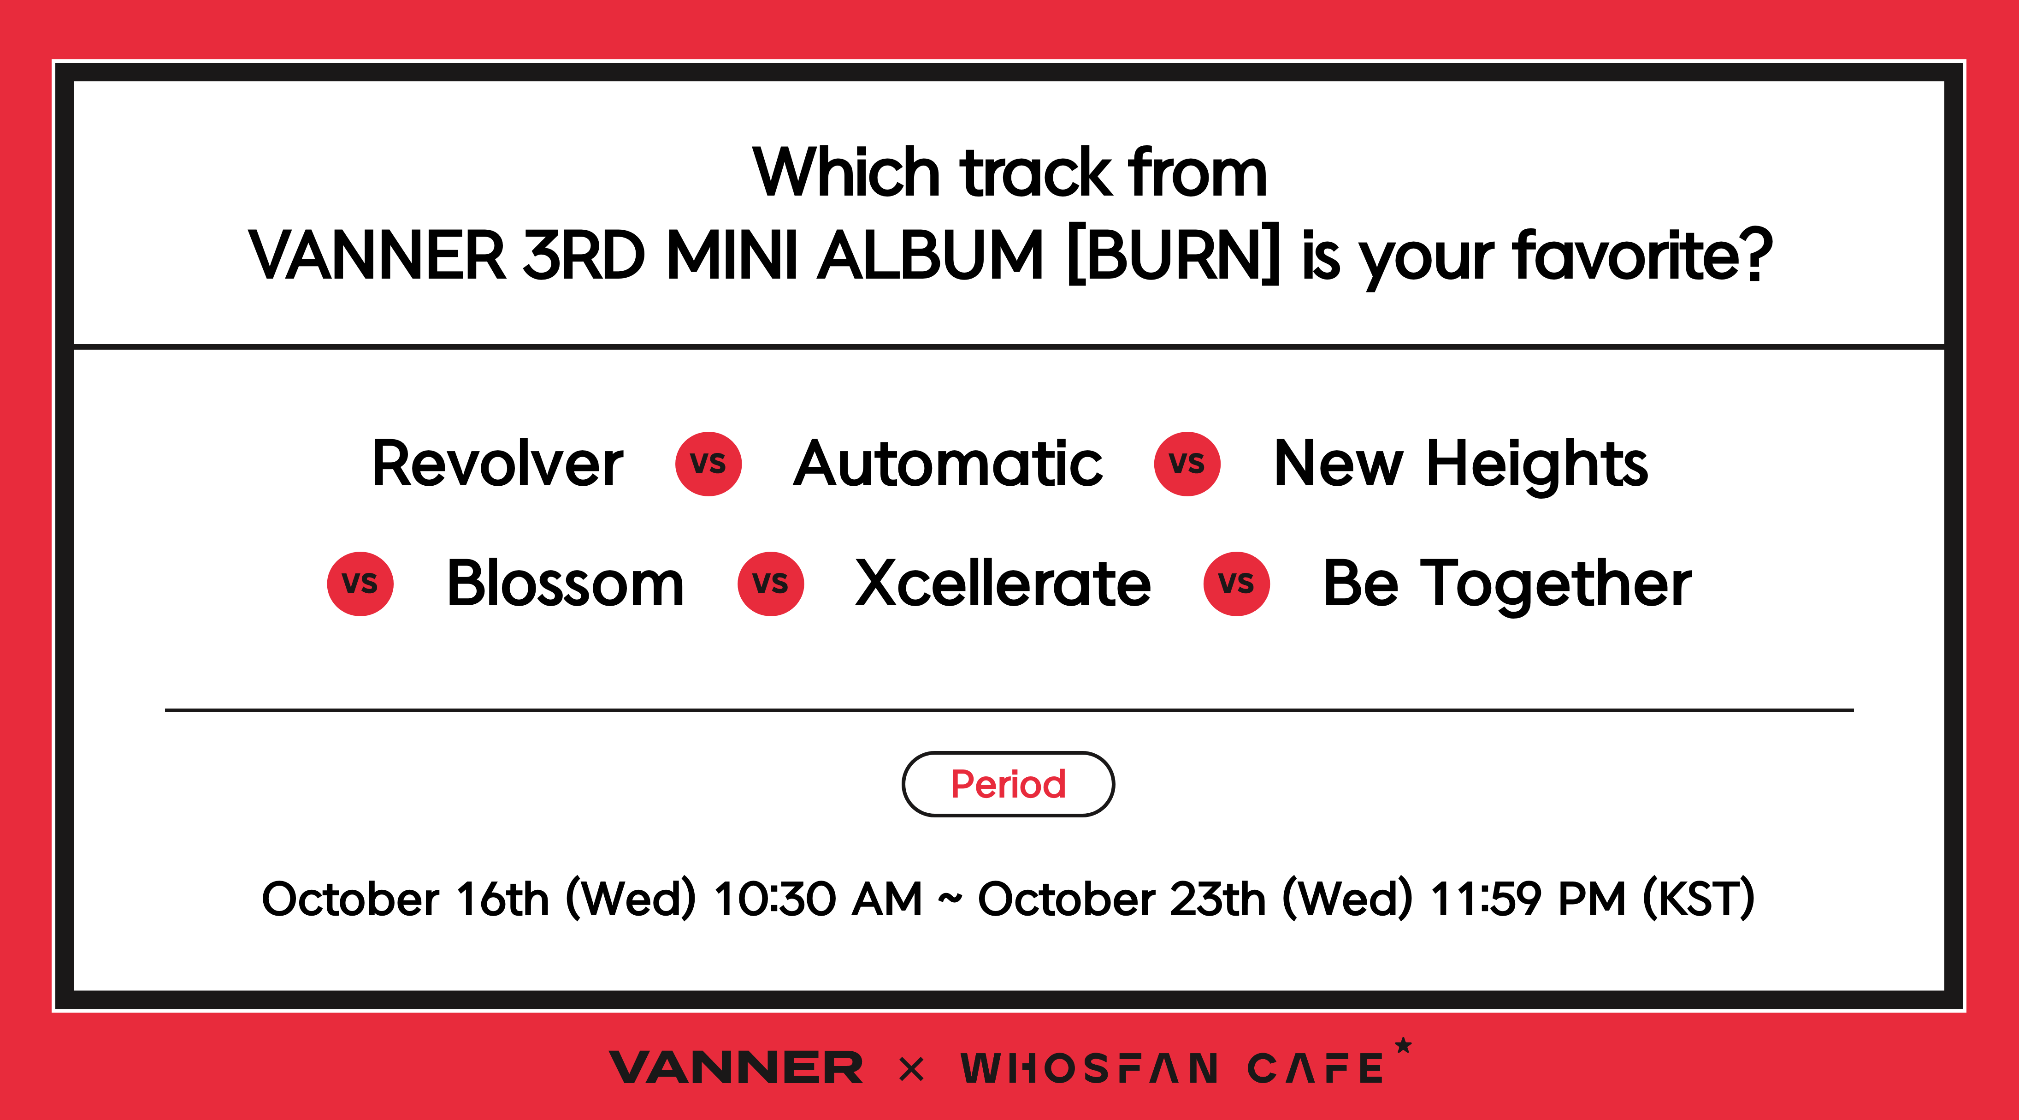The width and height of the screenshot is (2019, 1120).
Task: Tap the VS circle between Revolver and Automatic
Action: tap(708, 464)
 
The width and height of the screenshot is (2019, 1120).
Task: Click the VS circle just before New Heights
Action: tap(1187, 464)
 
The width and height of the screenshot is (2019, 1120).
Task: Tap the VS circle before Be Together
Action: tap(1237, 584)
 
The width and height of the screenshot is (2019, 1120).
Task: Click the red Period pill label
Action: tap(1009, 784)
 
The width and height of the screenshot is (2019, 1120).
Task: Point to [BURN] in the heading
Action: tap(1173, 255)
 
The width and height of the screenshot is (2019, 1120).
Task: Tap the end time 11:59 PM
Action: tap(1529, 899)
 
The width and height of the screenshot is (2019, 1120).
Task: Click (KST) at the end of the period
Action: tap(1699, 899)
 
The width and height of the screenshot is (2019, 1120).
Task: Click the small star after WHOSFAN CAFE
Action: tap(1403, 1045)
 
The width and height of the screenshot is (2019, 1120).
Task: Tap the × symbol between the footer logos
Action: tap(911, 1069)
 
